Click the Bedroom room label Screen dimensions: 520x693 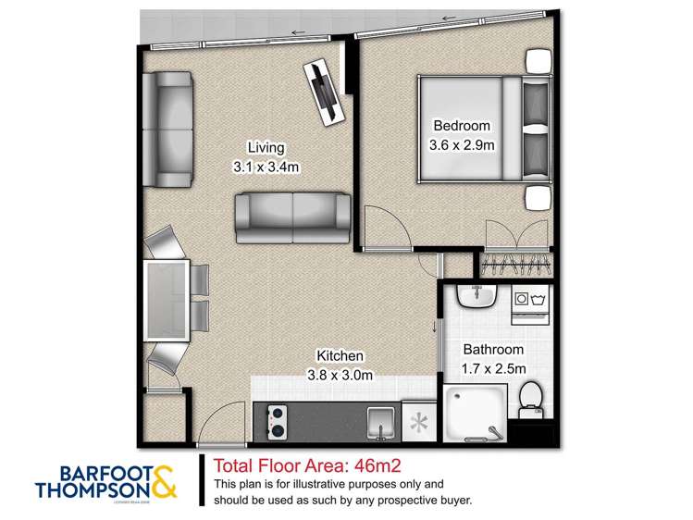[x=462, y=126]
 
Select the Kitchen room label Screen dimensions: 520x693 [x=340, y=356]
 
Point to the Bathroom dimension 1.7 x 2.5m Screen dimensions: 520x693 [x=494, y=368]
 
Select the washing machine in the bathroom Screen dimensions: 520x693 [x=532, y=300]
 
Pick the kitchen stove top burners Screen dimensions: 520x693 [x=275, y=422]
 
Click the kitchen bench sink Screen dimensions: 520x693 [x=379, y=424]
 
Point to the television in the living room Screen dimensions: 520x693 [x=325, y=91]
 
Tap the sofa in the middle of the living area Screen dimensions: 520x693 [x=291, y=215]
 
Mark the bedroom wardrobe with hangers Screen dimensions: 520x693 [x=516, y=265]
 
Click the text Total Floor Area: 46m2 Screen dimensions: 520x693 [x=306, y=465]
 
